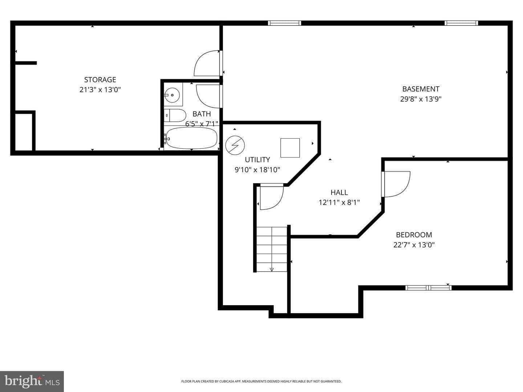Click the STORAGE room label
point(100,79)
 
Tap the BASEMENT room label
point(421,89)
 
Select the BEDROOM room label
point(414,235)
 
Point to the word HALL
point(339,192)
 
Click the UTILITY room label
point(258,159)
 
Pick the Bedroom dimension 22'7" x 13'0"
point(414,245)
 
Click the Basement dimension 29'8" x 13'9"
point(421,99)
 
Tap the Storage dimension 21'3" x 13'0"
point(100,90)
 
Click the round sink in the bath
point(172,95)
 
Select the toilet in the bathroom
point(175,116)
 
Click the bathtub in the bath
point(191,138)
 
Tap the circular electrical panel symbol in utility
point(235,145)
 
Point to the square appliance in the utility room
point(290,148)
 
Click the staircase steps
point(272,249)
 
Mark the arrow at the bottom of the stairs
point(272,269)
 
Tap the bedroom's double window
point(429,288)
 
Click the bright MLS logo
point(32,381)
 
